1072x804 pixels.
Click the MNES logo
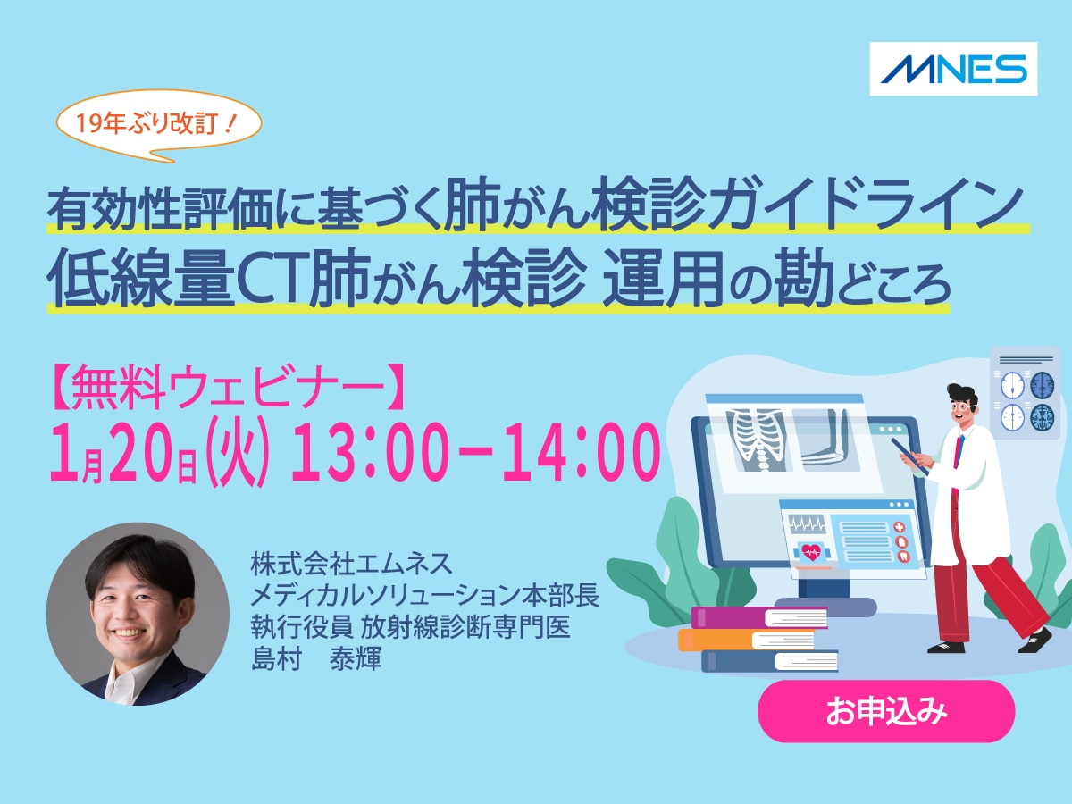coord(953,69)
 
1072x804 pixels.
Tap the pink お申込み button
coord(886,712)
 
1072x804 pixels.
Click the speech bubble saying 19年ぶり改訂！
coord(160,125)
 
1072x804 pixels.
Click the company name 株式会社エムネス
coord(352,565)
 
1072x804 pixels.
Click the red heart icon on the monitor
coord(811,549)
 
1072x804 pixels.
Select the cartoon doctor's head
coord(961,406)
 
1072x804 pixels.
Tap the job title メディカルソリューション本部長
coord(424,597)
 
